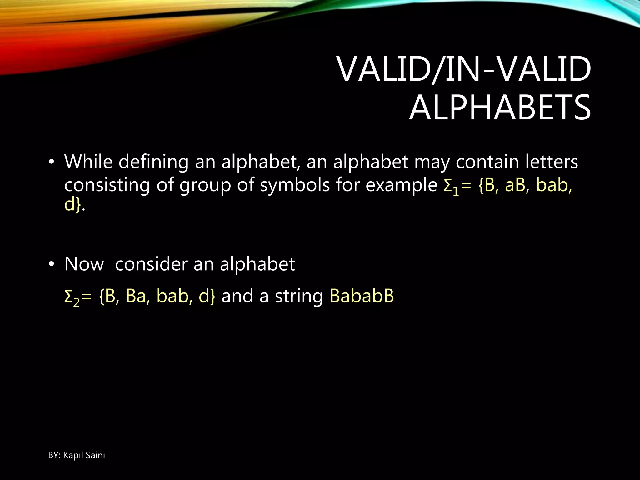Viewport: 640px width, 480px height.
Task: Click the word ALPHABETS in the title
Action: tap(500, 108)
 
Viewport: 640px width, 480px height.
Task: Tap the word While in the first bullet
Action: tap(88, 162)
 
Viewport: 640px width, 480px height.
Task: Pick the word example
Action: tap(401, 185)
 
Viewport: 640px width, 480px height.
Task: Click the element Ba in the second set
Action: tap(136, 296)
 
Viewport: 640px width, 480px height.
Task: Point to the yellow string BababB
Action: tap(362, 296)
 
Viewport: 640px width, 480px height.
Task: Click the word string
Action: tap(299, 296)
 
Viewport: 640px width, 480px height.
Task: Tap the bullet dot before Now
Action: tap(51, 264)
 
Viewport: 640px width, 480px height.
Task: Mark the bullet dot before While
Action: tap(51, 162)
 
